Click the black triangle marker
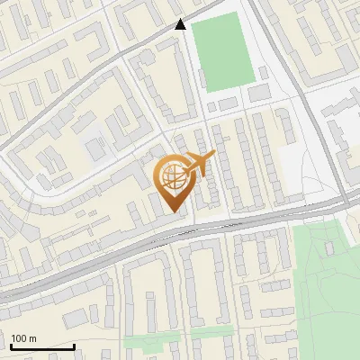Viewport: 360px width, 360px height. tap(181, 24)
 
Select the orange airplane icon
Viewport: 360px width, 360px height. tap(199, 166)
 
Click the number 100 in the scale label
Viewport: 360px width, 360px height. tap(19, 338)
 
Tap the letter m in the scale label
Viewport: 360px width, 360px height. tap(32, 338)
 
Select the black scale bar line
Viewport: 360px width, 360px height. tap(42, 346)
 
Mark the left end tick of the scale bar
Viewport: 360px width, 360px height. tap(11, 345)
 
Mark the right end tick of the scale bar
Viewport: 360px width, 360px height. tap(74, 345)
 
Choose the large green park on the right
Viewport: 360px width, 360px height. tap(328, 288)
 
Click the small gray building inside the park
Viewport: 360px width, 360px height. tap(329, 245)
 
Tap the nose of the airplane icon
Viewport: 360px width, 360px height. tap(214, 157)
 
